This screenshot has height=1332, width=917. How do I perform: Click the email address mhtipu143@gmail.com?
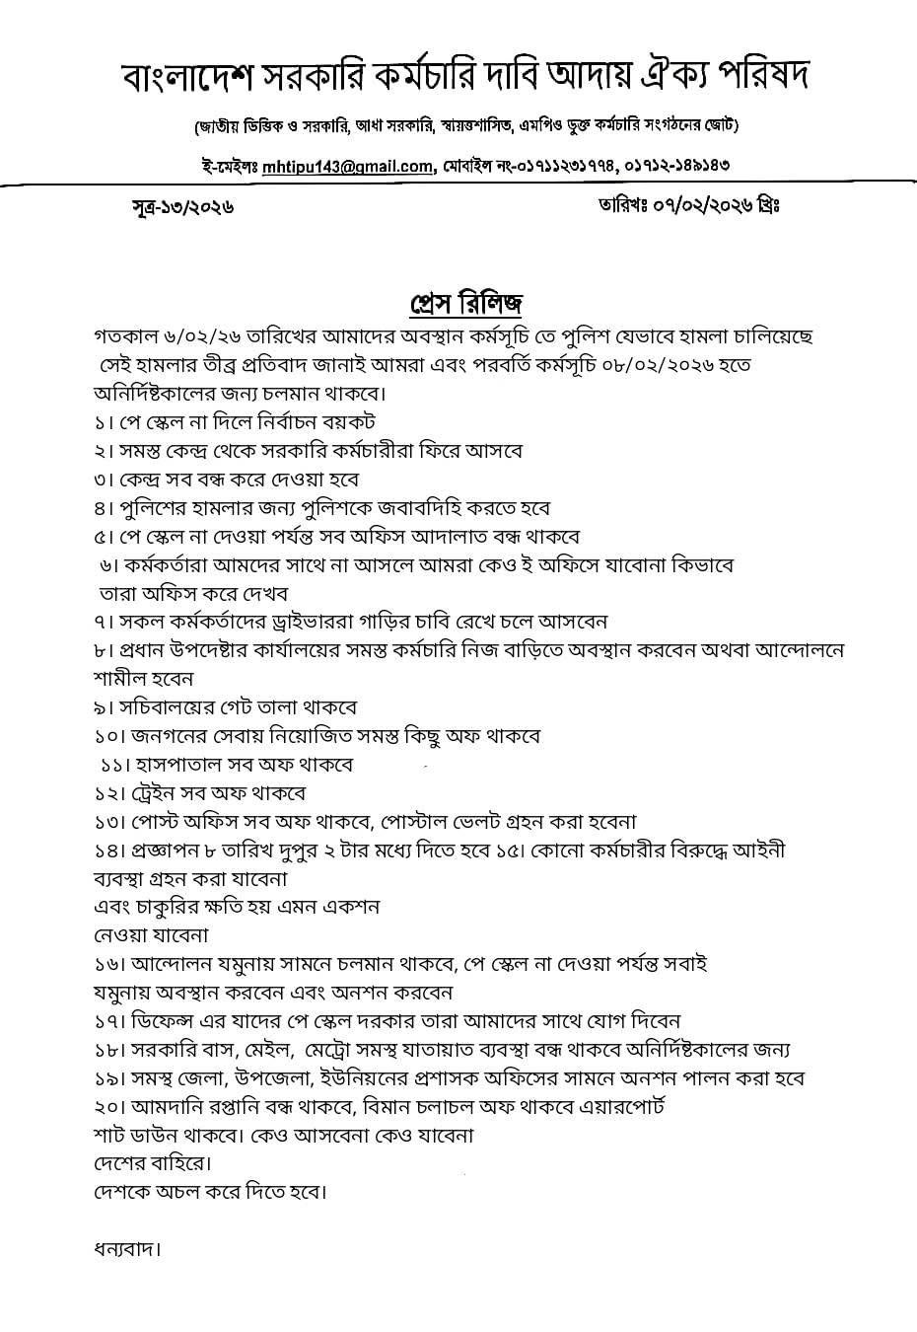tap(356, 167)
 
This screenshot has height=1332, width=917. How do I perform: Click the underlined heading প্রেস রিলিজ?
tap(466, 301)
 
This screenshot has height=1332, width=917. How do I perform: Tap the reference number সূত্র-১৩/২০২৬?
tap(182, 207)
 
